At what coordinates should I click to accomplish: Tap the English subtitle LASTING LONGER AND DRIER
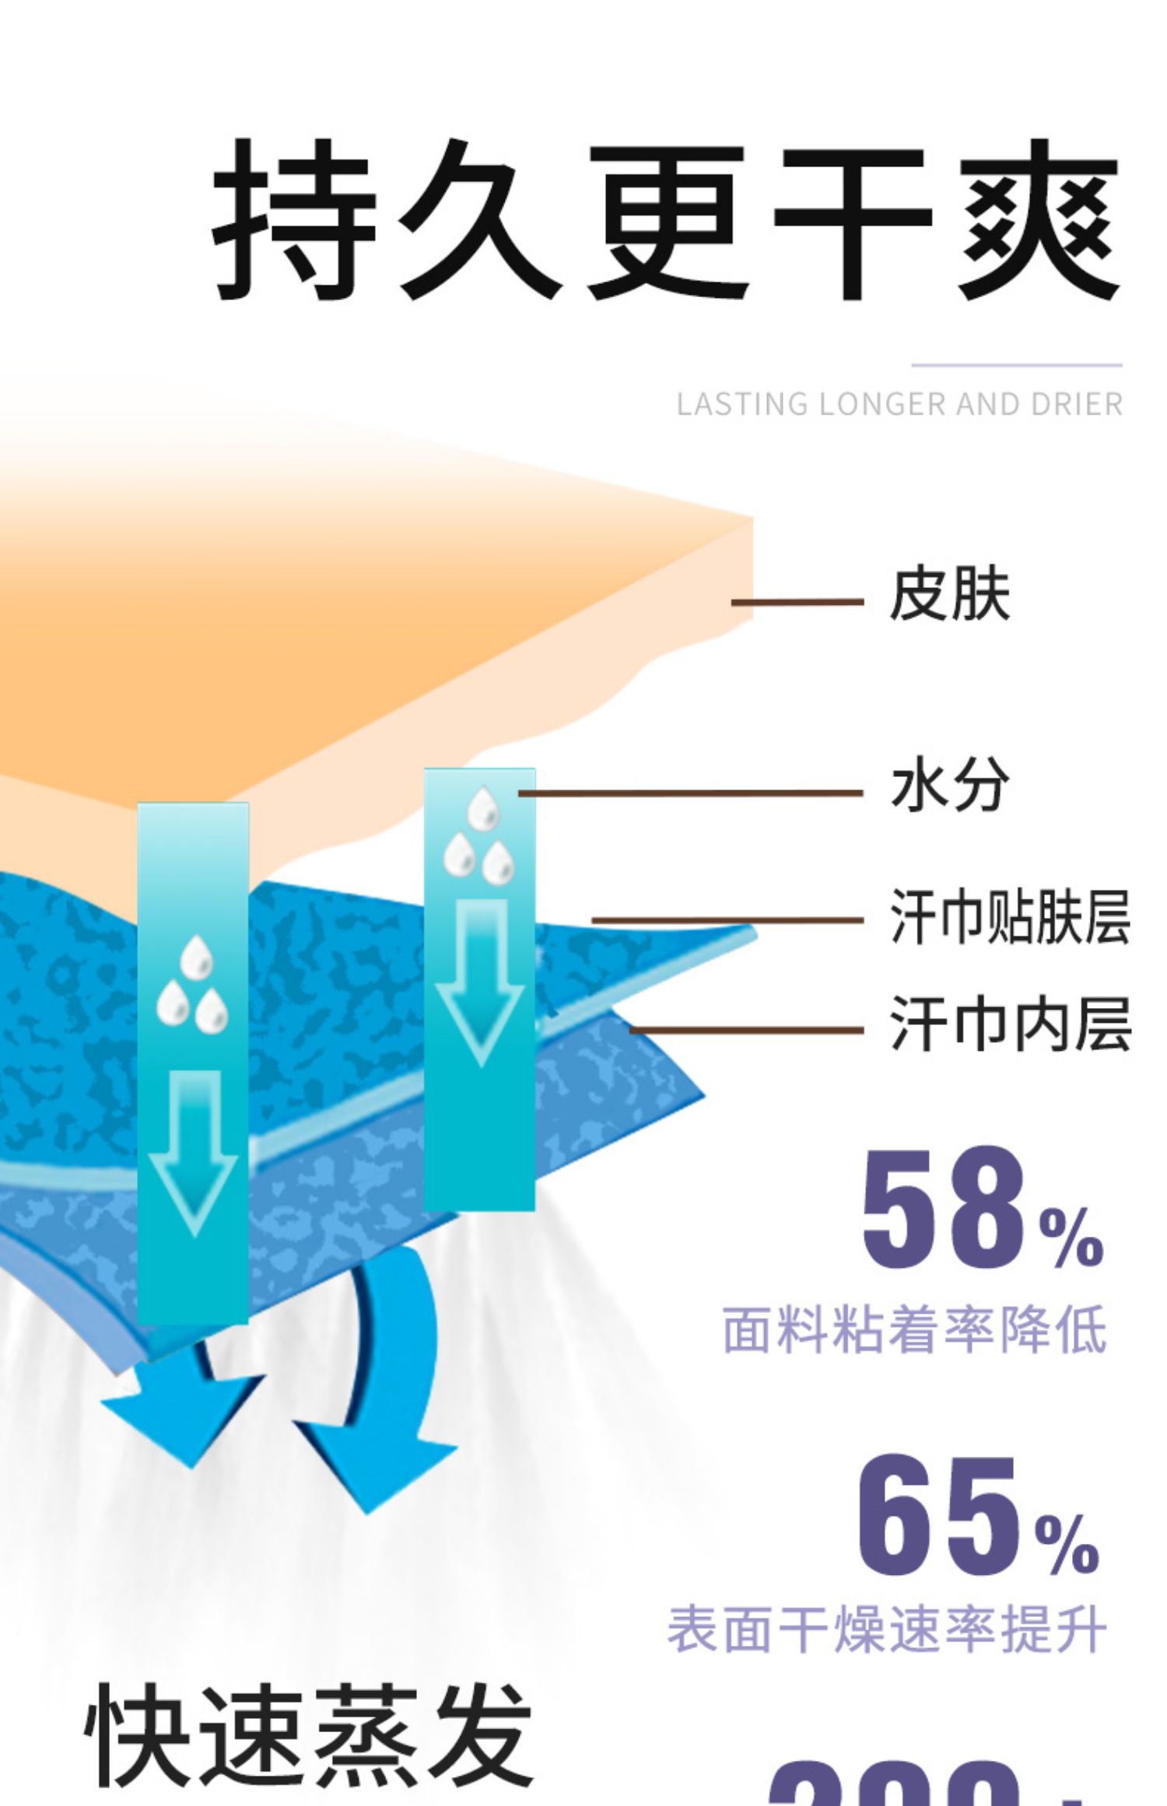point(899,404)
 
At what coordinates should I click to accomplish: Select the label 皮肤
point(949,595)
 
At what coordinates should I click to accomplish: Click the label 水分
point(949,786)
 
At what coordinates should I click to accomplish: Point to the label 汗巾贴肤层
point(1009,918)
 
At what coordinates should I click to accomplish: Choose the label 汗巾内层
point(1009,1024)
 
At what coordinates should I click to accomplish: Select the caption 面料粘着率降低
point(914,1330)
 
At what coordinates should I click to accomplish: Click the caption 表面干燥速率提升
point(887,1629)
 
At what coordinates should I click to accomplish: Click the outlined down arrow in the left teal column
point(193,1151)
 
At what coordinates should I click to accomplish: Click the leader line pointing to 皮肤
point(797,602)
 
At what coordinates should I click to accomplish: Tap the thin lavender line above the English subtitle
point(1016,365)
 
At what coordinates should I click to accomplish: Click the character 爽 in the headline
point(1039,222)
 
